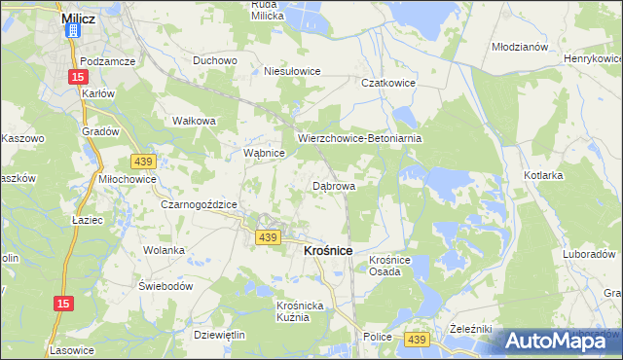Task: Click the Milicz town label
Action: (x=77, y=18)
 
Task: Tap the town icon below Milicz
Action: (x=72, y=32)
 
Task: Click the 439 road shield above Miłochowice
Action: (x=143, y=161)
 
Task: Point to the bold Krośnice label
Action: (x=321, y=250)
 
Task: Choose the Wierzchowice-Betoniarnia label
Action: (x=359, y=138)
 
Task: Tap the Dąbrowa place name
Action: (x=333, y=185)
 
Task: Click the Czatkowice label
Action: (x=388, y=84)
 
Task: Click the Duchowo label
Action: (x=215, y=59)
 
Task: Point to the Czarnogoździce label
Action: (x=199, y=204)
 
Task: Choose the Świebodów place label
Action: (x=166, y=287)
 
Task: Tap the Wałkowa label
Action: (x=193, y=121)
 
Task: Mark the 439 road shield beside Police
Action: (x=418, y=338)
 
